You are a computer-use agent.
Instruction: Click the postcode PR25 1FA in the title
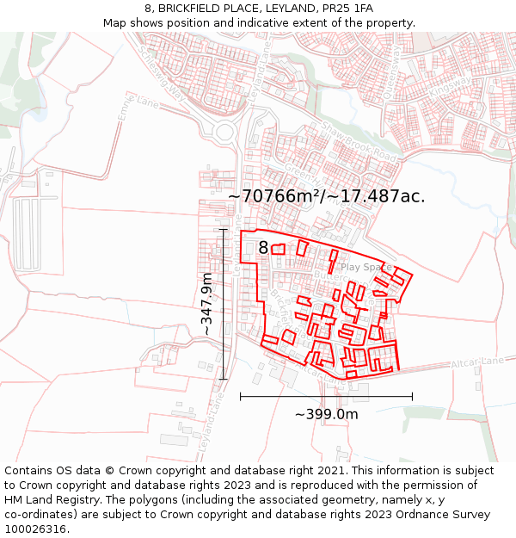335,9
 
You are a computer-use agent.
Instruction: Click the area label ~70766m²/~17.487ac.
326,196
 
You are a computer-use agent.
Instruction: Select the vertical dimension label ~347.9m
206,304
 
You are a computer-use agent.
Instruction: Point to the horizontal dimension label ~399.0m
326,414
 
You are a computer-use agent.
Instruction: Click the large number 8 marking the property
263,248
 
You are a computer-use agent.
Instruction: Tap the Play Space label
365,267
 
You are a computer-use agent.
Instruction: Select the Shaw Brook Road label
359,144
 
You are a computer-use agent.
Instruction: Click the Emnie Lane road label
139,109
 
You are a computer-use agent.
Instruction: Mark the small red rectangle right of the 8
278,249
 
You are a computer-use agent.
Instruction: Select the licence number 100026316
36,529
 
